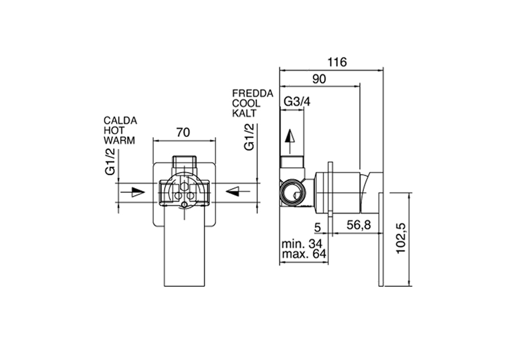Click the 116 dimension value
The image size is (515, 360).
coord(337,62)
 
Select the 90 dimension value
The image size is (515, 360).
coord(319,79)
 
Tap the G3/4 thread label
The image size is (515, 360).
coord(297,101)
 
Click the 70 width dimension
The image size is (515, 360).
coord(183,132)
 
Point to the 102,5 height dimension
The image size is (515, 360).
coord(401,238)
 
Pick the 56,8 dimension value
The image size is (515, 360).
coord(359,225)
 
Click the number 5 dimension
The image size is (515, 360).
coord(317,227)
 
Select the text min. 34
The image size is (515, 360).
coord(302,244)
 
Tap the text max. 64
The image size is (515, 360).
coord(304,254)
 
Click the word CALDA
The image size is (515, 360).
coord(120,121)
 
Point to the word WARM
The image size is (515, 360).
coord(119,140)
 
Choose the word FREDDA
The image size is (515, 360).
coord(252,93)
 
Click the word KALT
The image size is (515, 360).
coord(244,113)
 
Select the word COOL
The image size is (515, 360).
coord(246,103)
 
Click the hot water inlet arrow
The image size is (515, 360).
coord(132,192)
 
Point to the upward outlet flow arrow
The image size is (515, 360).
coord(290,141)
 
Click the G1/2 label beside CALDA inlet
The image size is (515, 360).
coord(110,161)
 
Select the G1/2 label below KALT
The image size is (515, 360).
coord(249,137)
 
